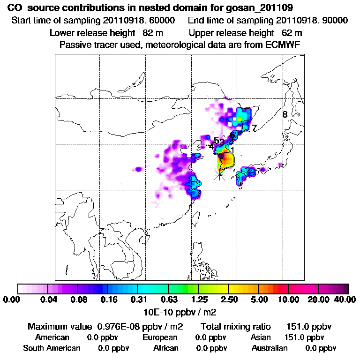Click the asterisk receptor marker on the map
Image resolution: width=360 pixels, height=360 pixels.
point(219,175)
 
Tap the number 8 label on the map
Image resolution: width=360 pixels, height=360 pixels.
point(285,114)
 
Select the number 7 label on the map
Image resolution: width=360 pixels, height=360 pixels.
point(254,127)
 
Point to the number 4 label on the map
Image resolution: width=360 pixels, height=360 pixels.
point(211,147)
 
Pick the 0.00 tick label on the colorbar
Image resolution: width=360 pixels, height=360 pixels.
point(13,300)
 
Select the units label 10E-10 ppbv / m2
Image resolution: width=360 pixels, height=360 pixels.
point(180,311)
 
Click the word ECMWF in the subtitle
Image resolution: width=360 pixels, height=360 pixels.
point(284,45)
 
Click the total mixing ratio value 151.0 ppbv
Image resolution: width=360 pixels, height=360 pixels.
point(306,327)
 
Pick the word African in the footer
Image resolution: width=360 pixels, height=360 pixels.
point(166,348)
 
